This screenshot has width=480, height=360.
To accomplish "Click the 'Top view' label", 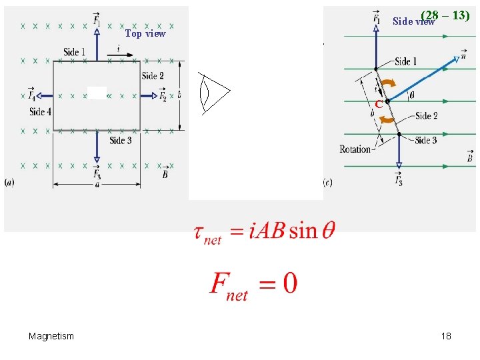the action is point(145,33).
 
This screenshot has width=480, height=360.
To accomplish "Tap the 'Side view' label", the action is point(413,21).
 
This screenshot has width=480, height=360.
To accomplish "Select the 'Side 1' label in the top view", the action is point(75,52).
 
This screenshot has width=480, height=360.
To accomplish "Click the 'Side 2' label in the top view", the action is point(153,76).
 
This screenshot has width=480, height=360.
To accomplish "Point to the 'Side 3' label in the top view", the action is point(121,140).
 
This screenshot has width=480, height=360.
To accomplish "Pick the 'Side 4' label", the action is point(40,112).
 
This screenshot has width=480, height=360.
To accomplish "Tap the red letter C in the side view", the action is point(378,105).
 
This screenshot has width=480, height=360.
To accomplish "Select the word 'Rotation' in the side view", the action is point(355,149).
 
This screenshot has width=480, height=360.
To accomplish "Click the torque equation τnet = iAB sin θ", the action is point(264,232).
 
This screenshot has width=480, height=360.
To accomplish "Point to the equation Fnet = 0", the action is point(253,285).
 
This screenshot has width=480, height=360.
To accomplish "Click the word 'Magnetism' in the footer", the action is point(51,336).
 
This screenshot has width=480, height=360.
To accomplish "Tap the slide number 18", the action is point(446,336).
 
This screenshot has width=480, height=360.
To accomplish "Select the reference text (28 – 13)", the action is point(445,15).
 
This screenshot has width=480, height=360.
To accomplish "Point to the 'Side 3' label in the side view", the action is point(425,140).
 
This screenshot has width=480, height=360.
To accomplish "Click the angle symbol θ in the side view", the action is point(411,95).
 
